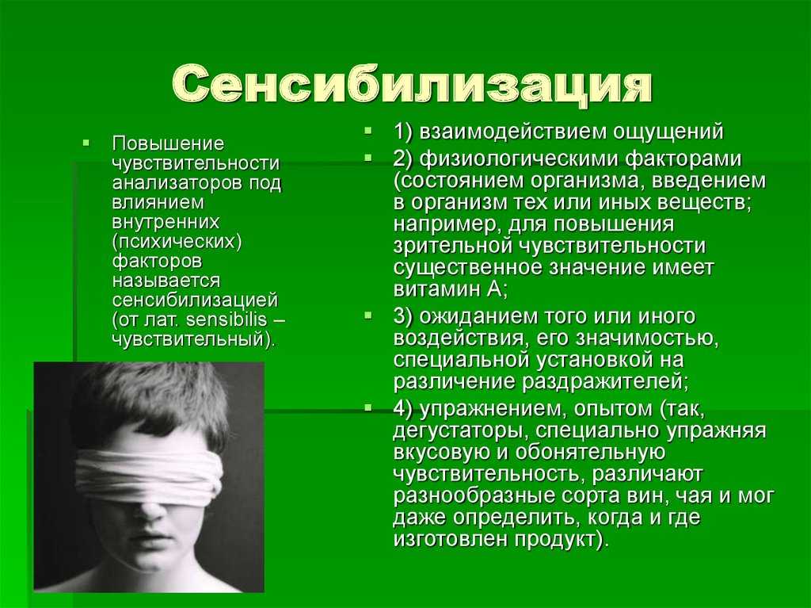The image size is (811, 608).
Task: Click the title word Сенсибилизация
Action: tap(412, 86)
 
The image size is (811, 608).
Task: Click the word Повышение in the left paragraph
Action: tap(168, 143)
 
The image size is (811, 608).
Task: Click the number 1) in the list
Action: tap(403, 132)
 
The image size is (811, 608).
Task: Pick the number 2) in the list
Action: tap(403, 159)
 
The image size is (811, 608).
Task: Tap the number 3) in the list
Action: tap(403, 316)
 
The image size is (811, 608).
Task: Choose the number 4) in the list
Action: tap(403, 409)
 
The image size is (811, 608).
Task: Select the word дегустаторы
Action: tap(460, 431)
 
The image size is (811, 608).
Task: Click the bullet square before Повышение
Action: tap(86, 141)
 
